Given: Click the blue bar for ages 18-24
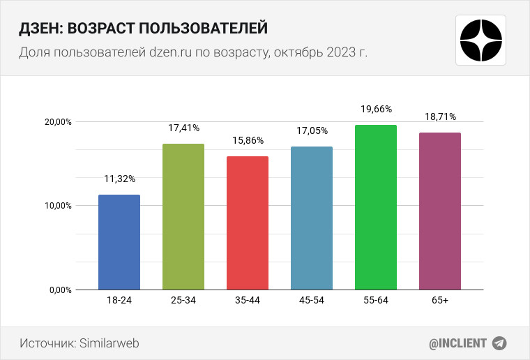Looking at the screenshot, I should coord(119,242).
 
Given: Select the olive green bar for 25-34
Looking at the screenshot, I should coord(183,217).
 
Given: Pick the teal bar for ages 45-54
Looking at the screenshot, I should coord(312,218).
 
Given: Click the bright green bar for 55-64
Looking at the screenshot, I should coord(376,207).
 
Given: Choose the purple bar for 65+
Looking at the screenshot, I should coord(440,211).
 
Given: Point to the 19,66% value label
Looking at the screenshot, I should coord(377,109).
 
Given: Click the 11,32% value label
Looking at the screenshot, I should coord(120,179).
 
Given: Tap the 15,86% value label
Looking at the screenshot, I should coord(248,140).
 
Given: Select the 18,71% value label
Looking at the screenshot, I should coord(441,117).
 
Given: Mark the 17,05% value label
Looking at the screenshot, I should coord(312,130).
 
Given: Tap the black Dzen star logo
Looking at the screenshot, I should coord(482,40).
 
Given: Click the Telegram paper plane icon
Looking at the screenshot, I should coord(499,343).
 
